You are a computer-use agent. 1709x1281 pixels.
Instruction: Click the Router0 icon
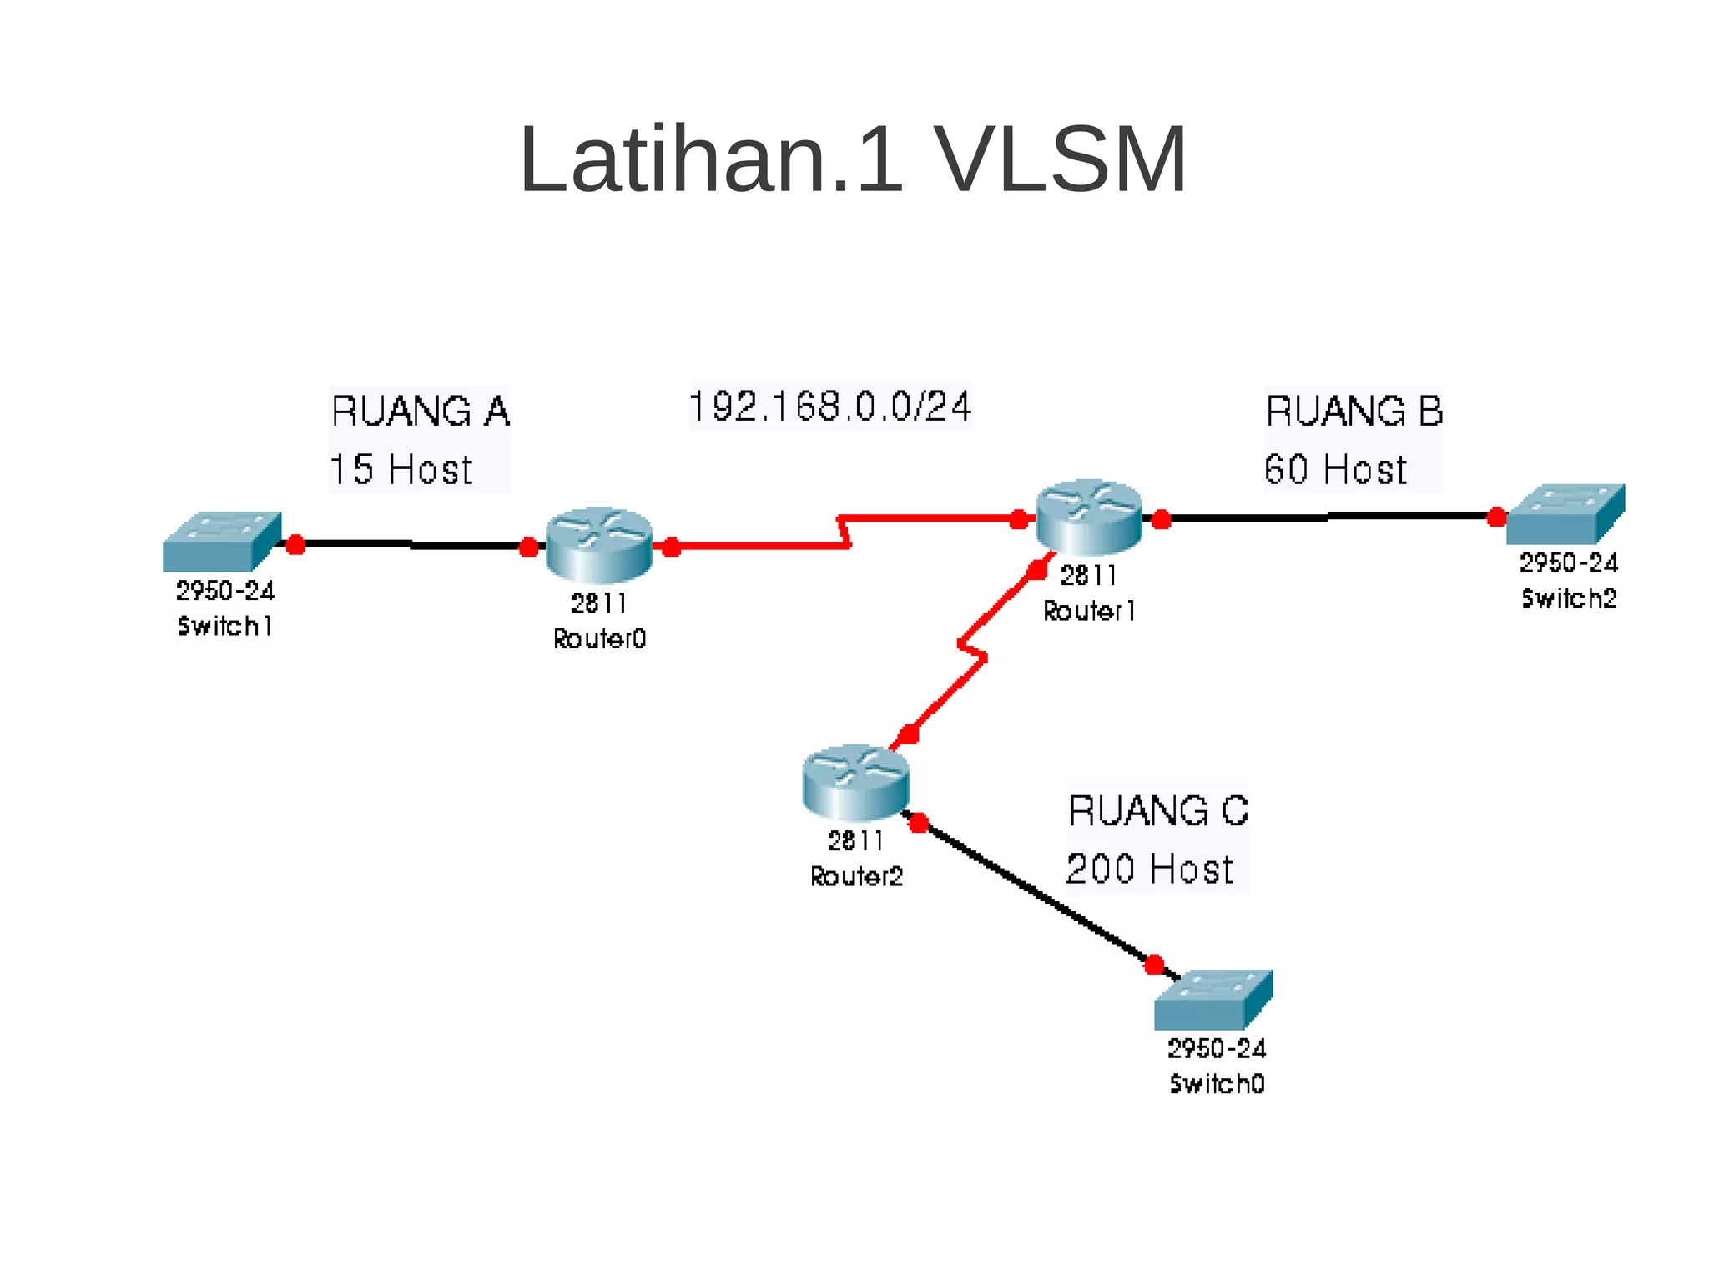pos(598,545)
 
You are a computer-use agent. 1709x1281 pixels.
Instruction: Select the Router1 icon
pos(1088,517)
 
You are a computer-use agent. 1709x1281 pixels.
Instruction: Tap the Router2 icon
pos(855,782)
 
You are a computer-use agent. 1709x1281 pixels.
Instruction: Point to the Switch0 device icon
pos(1213,1000)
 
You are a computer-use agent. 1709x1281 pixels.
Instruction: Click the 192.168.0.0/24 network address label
pos(829,406)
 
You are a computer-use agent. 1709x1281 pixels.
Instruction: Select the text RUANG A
pos(420,411)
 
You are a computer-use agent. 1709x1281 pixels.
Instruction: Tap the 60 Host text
pos(1335,469)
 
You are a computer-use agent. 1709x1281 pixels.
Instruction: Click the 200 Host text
pos(1149,869)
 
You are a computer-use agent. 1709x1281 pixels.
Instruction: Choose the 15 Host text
pos(401,469)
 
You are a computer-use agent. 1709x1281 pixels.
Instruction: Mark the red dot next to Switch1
pos(295,545)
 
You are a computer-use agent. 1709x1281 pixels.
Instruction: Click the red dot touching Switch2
pos(1497,517)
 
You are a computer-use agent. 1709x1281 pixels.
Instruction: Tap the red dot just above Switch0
pos(1154,966)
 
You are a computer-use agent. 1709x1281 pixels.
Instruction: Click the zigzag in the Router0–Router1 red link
pos(844,532)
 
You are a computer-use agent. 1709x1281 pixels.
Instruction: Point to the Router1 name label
pos(1089,612)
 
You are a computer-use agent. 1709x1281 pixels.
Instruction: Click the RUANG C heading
pos(1157,811)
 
